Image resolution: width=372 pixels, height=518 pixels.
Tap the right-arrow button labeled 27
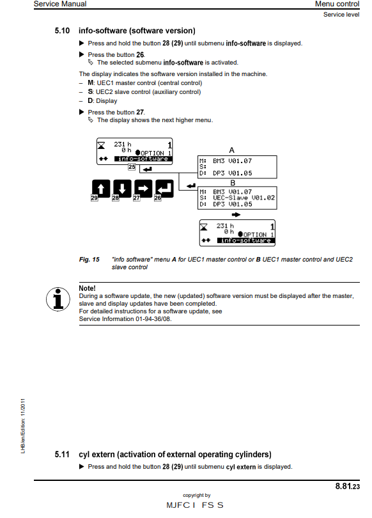coord(143,188)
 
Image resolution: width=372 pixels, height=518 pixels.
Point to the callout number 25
coord(132,167)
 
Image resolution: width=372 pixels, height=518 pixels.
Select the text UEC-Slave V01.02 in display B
coord(244,198)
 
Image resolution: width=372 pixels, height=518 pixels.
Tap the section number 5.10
coord(62,31)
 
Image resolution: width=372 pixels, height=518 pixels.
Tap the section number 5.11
coord(62,455)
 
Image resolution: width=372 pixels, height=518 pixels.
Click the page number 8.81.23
coord(347,487)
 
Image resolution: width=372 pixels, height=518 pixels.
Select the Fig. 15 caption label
coord(89,260)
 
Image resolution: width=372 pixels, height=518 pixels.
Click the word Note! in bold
coord(87,289)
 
